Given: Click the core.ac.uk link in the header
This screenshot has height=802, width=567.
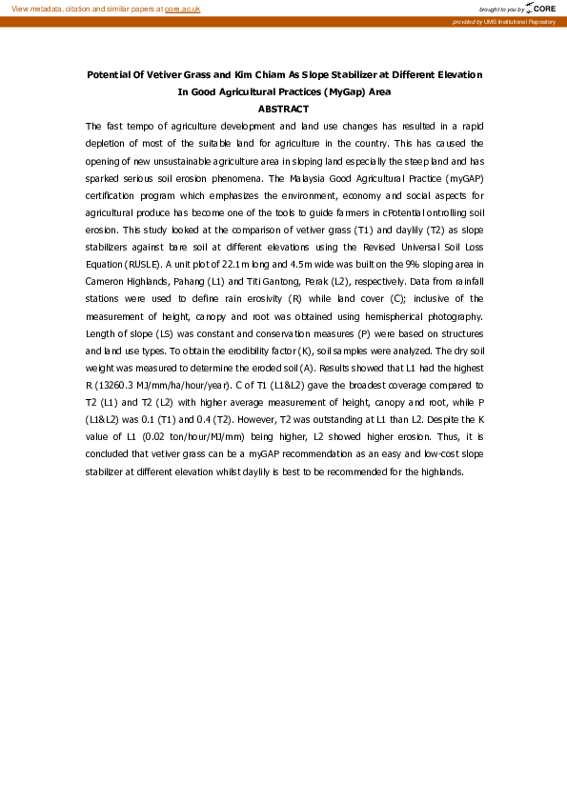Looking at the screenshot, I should (182, 8).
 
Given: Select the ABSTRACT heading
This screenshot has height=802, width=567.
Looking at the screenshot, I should (283, 110).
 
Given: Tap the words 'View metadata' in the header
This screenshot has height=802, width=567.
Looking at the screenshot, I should (32, 8).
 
